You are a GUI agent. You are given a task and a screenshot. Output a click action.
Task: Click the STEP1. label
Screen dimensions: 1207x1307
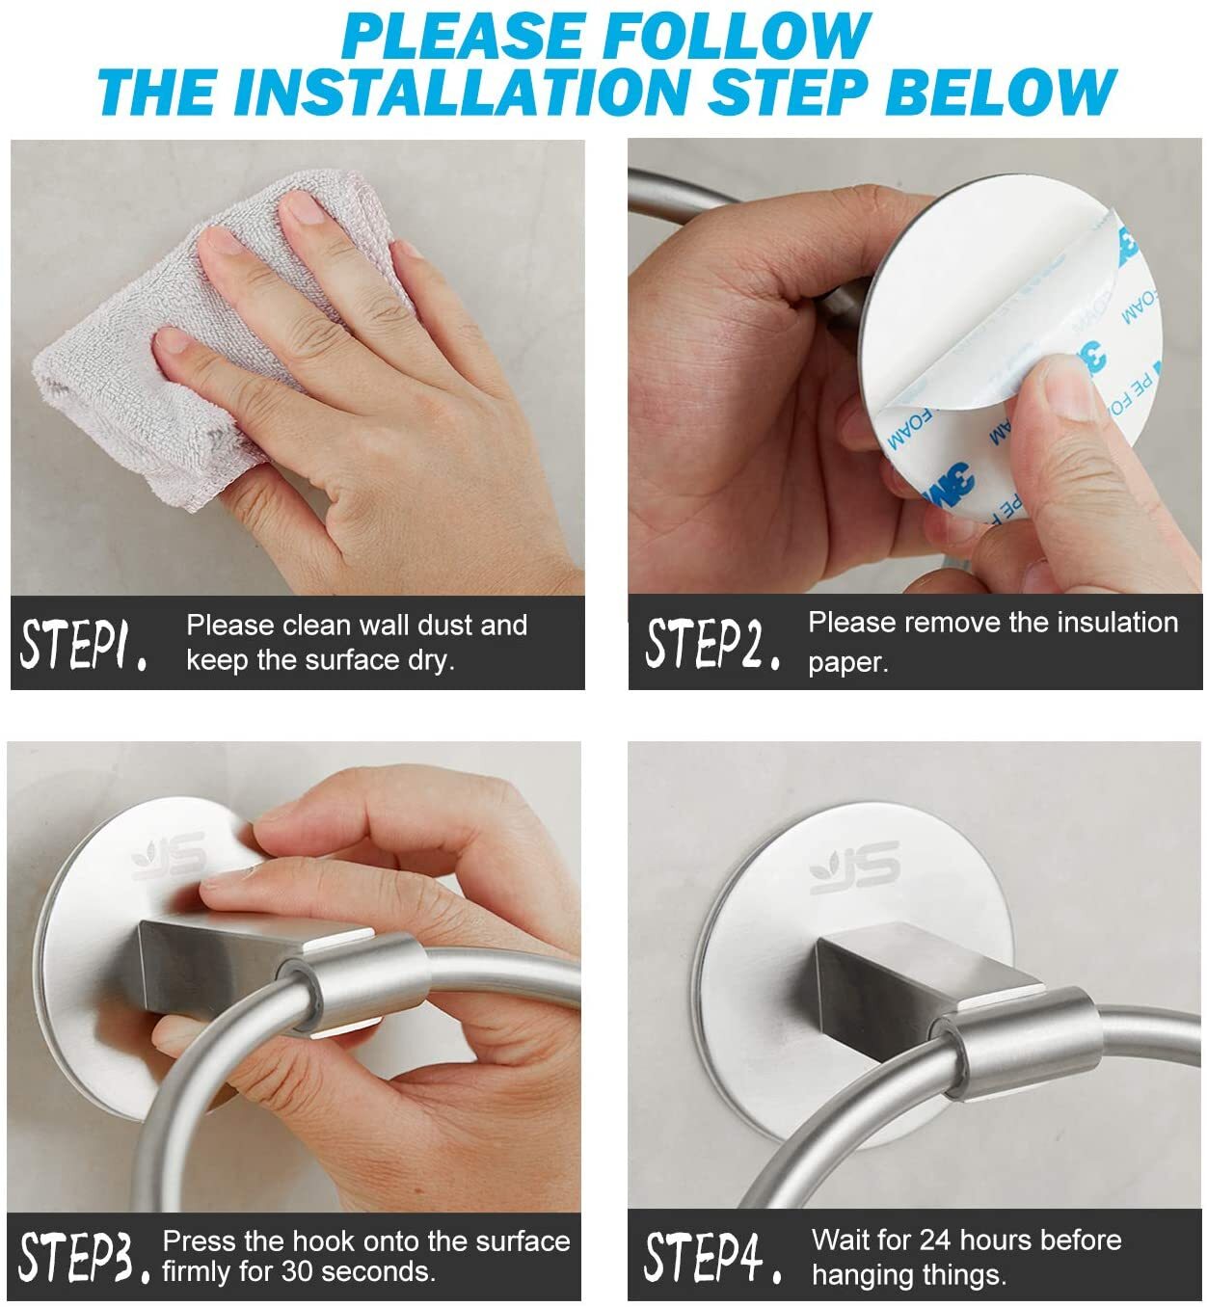pyautogui.click(x=84, y=645)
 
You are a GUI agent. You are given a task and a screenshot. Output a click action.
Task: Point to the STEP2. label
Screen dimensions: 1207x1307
pyautogui.click(x=711, y=644)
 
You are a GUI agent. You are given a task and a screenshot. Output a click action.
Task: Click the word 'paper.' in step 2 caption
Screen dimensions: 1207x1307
pyautogui.click(x=848, y=663)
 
